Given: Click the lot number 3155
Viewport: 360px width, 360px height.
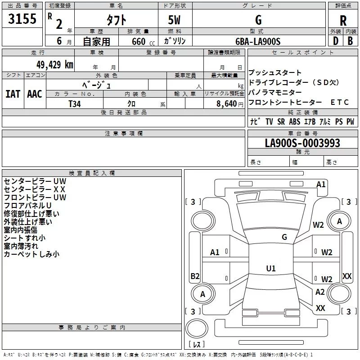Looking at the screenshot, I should pos(22,19).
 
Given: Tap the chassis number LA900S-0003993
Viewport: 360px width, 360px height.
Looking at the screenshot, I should pos(302,143).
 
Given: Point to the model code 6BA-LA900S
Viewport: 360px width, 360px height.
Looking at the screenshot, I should pos(258,41).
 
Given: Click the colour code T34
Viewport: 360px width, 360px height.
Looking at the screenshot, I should pos(75,103).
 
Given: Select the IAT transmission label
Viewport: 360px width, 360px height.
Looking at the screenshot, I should pos(13,94).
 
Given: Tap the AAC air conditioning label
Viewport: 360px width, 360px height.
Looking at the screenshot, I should pos(35,94).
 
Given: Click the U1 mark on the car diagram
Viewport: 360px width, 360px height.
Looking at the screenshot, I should pos(270,268).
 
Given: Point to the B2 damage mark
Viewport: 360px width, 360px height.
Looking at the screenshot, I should pos(195,276).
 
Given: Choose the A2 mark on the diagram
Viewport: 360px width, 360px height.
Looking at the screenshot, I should pos(320,292).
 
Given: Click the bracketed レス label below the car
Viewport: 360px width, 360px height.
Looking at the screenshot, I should pos(197,345).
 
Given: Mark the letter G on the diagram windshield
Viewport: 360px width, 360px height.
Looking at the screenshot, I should pos(284,237).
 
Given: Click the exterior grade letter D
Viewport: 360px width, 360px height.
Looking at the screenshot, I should pos(335,41).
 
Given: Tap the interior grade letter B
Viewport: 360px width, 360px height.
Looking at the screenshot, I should pos(351,41).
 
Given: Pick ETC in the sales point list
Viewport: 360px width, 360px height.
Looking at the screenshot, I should pos(340,102).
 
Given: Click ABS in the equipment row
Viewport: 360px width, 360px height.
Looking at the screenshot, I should pos(295,121).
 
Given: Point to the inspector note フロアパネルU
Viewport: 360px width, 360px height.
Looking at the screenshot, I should pos(28,206).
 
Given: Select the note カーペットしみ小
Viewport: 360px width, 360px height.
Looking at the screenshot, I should pos(31,254).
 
